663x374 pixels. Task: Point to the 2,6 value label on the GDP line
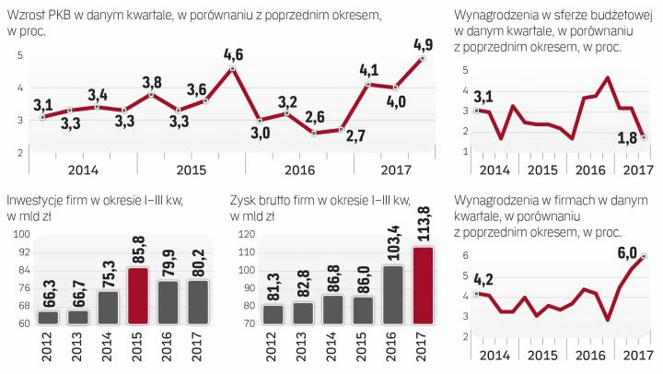pyautogui.click(x=313, y=116)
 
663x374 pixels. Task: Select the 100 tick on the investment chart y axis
pyautogui.click(x=18, y=237)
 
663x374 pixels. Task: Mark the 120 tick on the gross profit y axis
pyautogui.click(x=242, y=235)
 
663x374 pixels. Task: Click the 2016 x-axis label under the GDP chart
pyautogui.click(x=300, y=169)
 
